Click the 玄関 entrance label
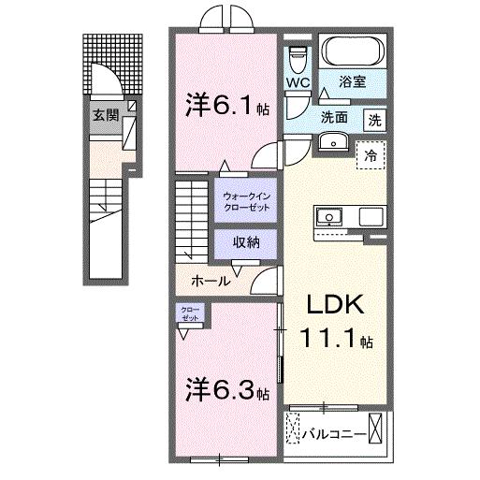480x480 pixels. pos(106,116)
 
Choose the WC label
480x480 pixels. pos(298,82)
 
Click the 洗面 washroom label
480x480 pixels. pos(334,119)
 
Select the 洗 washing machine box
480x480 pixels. pos(374,119)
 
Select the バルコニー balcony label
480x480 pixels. pos(333,433)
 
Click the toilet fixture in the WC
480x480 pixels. pos(298,58)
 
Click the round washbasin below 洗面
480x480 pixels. pos(331,142)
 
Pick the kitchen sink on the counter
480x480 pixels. pos(330,217)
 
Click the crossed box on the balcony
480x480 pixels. pos(377,430)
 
